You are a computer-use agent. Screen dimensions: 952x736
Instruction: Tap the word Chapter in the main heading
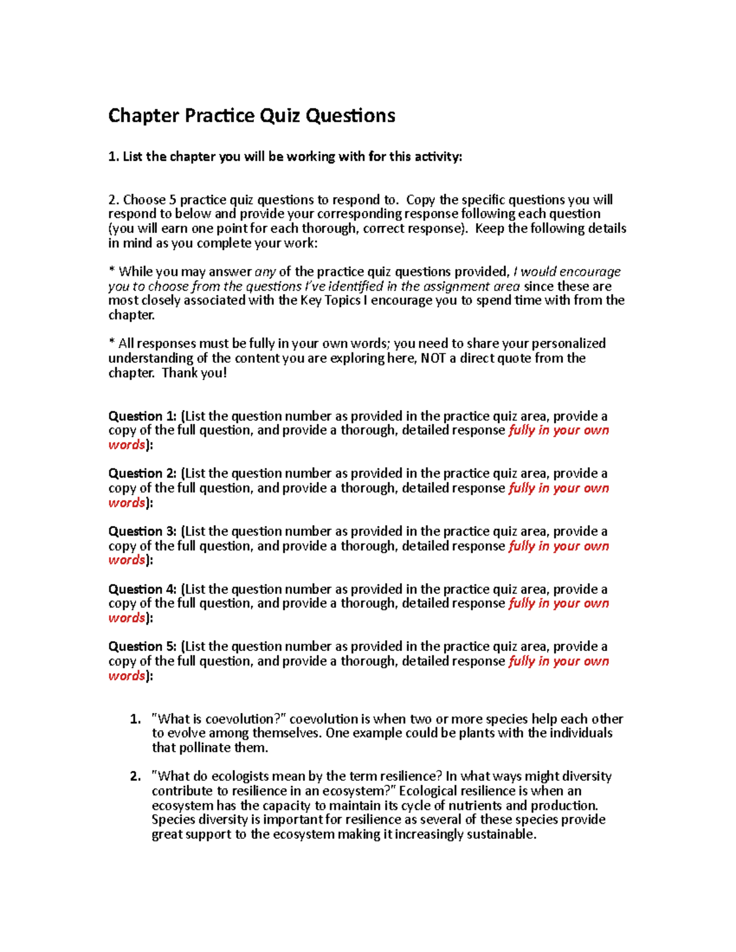144,116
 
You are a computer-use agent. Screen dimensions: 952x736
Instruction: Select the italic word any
265,272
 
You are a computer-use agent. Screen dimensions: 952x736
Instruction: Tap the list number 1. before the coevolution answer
136,719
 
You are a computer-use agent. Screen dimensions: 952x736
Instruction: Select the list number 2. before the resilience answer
136,776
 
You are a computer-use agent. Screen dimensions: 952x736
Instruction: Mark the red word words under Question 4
126,618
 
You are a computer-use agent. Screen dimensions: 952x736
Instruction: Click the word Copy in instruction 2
421,200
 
